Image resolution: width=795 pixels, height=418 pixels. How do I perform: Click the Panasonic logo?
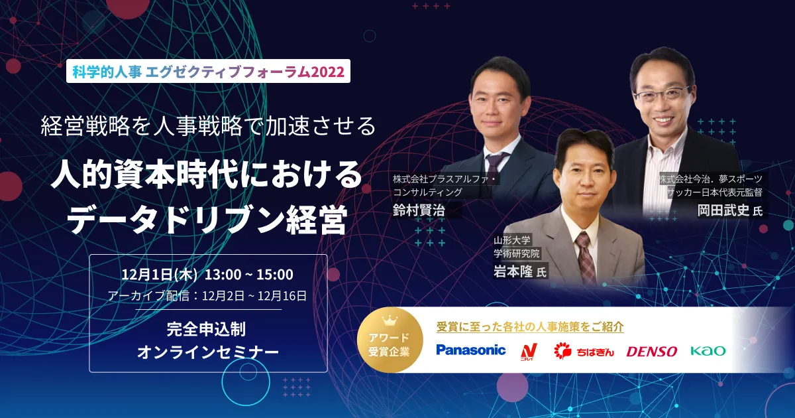471,350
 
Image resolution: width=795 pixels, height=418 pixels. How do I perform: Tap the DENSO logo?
652,352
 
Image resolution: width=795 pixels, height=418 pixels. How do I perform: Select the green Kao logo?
708,351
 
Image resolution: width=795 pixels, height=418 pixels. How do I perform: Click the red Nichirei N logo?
529,352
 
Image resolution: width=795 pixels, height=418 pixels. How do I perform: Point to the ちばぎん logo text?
595,352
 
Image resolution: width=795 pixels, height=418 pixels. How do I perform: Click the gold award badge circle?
390,340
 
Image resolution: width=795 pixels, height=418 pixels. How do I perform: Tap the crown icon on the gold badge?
390,320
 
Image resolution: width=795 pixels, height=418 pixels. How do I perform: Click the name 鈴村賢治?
419,210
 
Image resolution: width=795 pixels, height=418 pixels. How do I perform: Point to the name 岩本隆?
513,272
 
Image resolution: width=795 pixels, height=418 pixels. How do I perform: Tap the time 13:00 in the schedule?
223,275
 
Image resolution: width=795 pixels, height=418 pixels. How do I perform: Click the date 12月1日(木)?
159,275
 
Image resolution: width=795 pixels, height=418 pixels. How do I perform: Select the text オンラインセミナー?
208,352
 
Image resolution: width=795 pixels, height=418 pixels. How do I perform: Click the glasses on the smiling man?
662,94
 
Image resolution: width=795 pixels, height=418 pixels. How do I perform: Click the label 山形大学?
511,240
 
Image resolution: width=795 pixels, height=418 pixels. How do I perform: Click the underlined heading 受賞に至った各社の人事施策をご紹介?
530,326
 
